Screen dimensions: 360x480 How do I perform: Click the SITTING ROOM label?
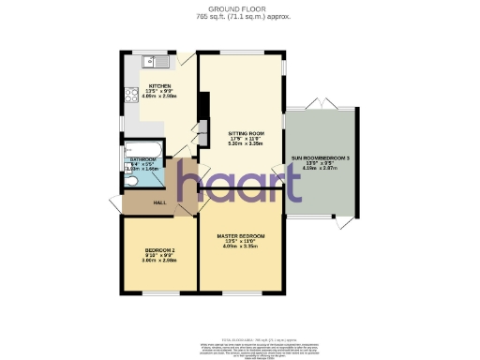pos(241,134)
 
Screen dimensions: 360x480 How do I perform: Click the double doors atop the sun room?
pos(321,104)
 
